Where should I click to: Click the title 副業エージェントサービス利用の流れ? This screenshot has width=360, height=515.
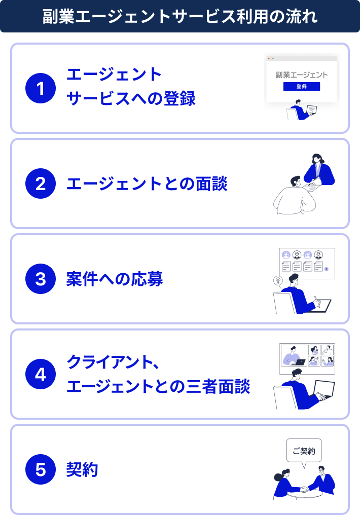(180, 16)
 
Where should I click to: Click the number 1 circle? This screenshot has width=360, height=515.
(41, 88)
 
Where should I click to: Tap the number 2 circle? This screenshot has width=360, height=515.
(41, 183)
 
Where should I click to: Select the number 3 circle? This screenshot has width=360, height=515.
(41, 278)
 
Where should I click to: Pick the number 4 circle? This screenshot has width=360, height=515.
(41, 374)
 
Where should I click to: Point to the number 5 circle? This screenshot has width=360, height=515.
(41, 469)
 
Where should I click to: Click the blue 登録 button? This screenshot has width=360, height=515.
(302, 86)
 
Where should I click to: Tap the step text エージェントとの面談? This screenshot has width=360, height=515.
(147, 183)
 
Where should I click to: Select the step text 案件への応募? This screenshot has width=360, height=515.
(115, 279)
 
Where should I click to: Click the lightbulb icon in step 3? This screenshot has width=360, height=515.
(278, 281)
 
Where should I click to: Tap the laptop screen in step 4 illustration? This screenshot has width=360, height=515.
(325, 389)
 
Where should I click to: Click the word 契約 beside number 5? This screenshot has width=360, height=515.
(82, 469)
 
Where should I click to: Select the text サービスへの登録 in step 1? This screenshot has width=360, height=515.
(131, 98)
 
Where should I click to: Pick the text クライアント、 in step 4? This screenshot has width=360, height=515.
(113, 362)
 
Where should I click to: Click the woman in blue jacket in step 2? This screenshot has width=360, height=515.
(318, 170)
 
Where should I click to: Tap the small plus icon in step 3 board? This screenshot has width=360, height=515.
(326, 269)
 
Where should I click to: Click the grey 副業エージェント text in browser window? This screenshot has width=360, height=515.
(302, 75)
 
